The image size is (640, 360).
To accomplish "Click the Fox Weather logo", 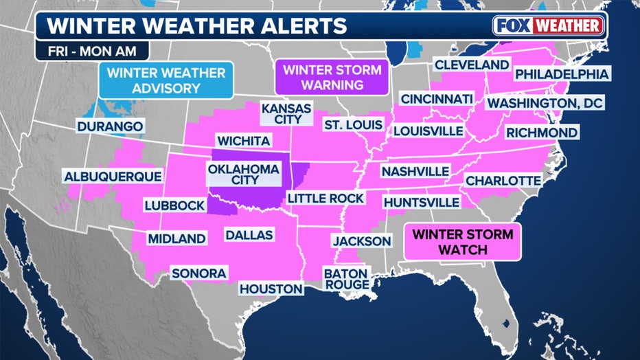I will pyautogui.click(x=548, y=26).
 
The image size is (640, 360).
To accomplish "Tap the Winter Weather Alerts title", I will pyautogui.click(x=196, y=27).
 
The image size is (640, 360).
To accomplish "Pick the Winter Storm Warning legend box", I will pyautogui.click(x=332, y=78).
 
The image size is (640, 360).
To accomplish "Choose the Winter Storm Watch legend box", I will pyautogui.click(x=461, y=243).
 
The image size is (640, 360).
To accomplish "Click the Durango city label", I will pyautogui.click(x=110, y=126).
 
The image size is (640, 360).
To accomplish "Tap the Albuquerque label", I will pyautogui.click(x=113, y=177).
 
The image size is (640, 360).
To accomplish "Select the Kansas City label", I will pyautogui.click(x=286, y=114).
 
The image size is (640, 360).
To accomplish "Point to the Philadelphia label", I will pyautogui.click(x=562, y=74).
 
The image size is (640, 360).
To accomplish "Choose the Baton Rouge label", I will pyautogui.click(x=346, y=279).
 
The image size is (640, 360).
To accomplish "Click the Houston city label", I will pyautogui.click(x=271, y=289).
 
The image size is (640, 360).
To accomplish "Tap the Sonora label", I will pyautogui.click(x=199, y=273).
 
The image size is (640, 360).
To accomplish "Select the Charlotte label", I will pyautogui.click(x=503, y=181).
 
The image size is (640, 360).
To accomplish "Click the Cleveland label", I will pyautogui.click(x=471, y=65).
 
